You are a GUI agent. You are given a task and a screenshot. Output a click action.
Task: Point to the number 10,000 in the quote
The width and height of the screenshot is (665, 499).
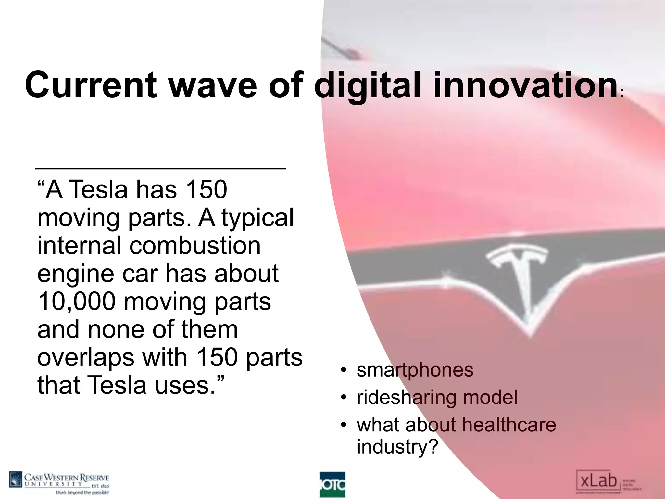[76, 301]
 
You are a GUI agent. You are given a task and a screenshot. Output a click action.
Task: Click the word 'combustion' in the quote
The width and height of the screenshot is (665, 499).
[195, 245]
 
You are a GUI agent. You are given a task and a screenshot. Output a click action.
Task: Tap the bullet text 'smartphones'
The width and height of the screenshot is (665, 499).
[415, 370]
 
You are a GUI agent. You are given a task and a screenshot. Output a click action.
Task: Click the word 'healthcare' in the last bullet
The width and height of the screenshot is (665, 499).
[509, 425]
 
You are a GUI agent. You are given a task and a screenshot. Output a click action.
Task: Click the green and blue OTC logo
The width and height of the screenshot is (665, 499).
[332, 484]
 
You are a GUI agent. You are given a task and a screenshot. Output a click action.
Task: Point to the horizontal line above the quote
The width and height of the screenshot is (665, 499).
[160, 168]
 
